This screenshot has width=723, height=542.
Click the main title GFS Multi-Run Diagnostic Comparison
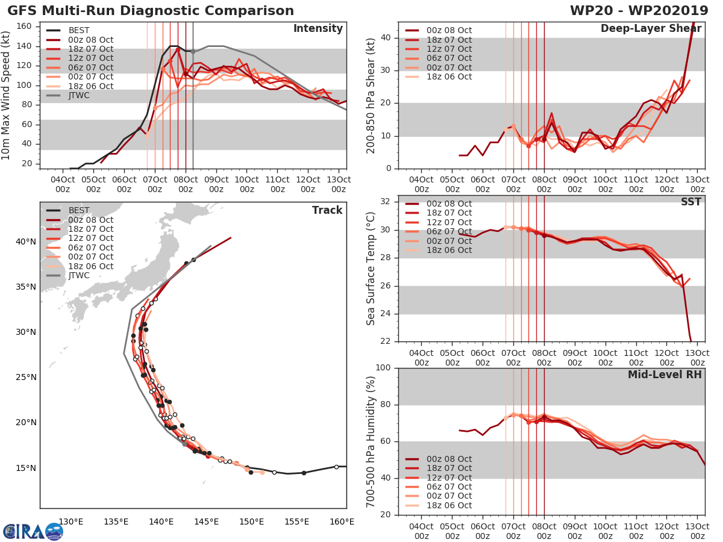151,11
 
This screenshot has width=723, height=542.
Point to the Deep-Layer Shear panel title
651,29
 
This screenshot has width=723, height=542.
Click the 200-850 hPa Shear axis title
371,96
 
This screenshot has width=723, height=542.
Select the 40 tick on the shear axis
387,38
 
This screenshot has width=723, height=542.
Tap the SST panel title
690,202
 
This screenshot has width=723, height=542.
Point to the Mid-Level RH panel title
665,375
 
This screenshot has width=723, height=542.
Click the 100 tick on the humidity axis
384,368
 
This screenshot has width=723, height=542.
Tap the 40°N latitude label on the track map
25,241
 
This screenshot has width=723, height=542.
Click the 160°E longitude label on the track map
342,522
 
